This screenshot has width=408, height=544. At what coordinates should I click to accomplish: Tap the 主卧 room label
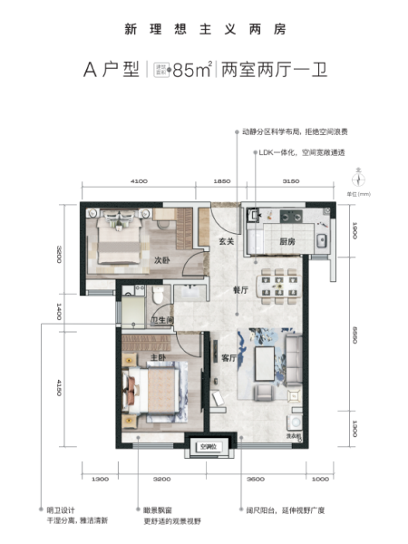(x=158, y=358)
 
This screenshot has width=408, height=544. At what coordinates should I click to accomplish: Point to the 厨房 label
(x=289, y=242)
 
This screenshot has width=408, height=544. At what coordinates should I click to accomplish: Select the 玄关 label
(x=227, y=241)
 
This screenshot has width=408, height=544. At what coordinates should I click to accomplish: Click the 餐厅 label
(x=242, y=290)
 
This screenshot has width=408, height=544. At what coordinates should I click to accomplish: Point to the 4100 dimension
(x=139, y=182)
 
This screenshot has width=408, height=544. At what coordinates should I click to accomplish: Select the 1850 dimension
(x=222, y=182)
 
